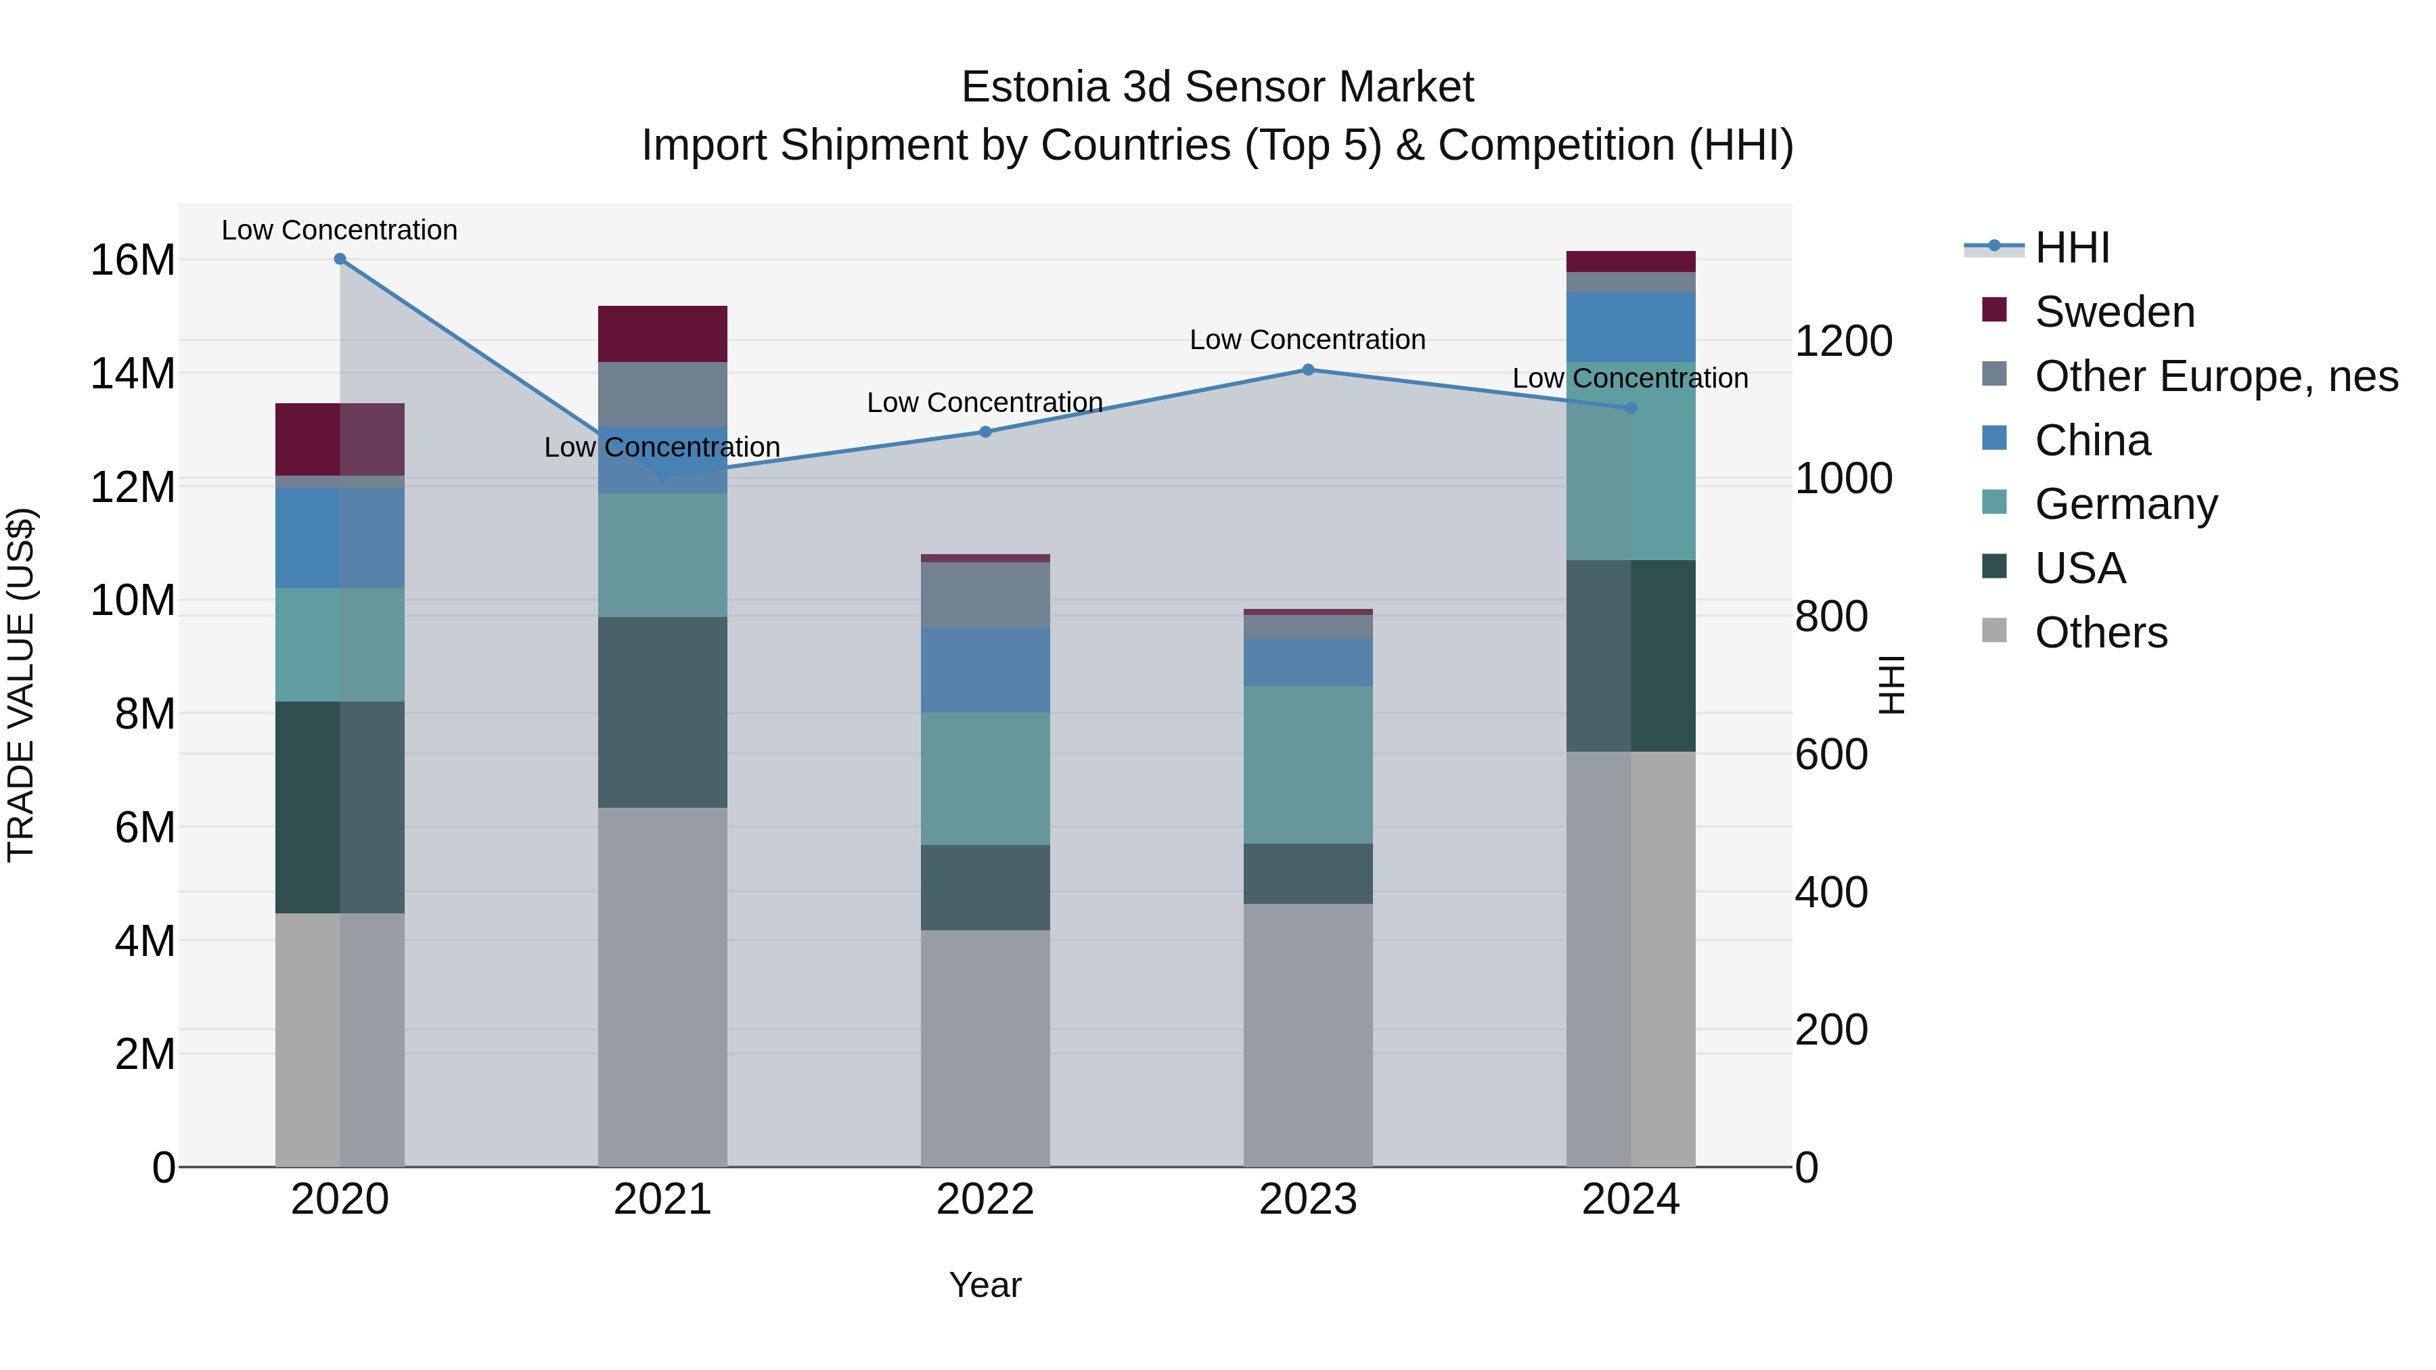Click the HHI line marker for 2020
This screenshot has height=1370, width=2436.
pyautogui.click(x=340, y=259)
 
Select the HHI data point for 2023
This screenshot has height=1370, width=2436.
pyautogui.click(x=1308, y=369)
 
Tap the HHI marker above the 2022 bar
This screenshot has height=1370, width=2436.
pyautogui.click(x=985, y=432)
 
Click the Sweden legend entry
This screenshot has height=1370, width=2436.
pyautogui.click(x=2113, y=312)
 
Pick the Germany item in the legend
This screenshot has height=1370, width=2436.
pyautogui.click(x=2125, y=504)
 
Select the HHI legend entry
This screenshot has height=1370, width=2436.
pyautogui.click(x=2071, y=248)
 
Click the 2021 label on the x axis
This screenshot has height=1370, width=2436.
pyautogui.click(x=662, y=1200)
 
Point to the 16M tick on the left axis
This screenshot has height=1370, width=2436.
pyautogui.click(x=133, y=260)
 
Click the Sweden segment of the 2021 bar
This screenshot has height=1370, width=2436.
pyautogui.click(x=662, y=334)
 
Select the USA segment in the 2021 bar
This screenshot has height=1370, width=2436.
pyautogui.click(x=662, y=712)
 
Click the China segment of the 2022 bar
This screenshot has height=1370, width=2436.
pyautogui.click(x=985, y=669)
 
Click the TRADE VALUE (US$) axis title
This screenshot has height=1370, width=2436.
pyautogui.click(x=21, y=685)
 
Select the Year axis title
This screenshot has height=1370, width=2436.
pyautogui.click(x=985, y=1285)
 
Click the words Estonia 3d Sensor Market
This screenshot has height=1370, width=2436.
pyautogui.click(x=1217, y=87)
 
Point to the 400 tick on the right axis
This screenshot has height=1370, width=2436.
pyautogui.click(x=1832, y=892)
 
